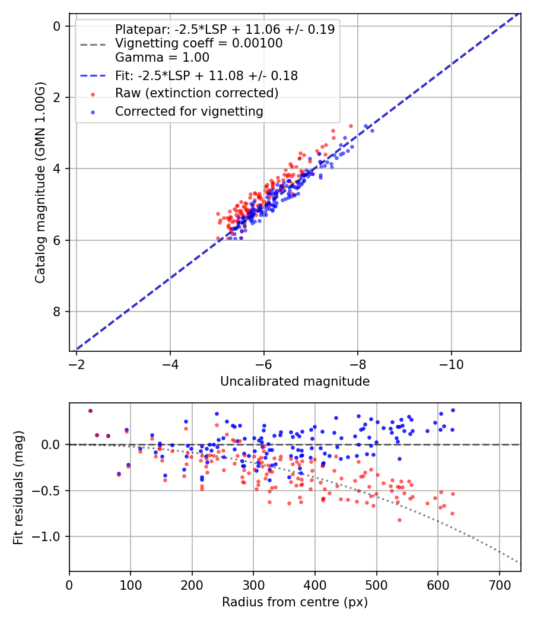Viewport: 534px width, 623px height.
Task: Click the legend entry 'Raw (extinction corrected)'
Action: [196, 93]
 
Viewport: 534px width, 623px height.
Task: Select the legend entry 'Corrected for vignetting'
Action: [189, 111]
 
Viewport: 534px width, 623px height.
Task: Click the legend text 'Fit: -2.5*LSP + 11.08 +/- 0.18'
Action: [206, 76]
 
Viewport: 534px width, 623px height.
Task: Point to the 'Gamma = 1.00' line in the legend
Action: [162, 58]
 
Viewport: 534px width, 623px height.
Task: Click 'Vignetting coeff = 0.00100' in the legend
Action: [199, 43]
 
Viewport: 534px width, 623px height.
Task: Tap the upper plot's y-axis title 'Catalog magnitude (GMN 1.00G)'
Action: [40, 183]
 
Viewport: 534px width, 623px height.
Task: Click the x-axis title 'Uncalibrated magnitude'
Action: [295, 382]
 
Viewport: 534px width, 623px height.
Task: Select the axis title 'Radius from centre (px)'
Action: [295, 602]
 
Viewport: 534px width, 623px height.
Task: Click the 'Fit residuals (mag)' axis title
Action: [18, 487]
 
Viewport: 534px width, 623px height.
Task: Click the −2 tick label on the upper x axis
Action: [77, 363]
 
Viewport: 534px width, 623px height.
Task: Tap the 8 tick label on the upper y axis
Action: [57, 311]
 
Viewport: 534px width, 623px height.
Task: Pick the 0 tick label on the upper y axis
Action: [57, 26]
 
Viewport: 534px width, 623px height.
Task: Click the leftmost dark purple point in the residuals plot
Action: [90, 411]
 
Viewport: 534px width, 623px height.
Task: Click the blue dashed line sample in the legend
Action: [93, 76]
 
